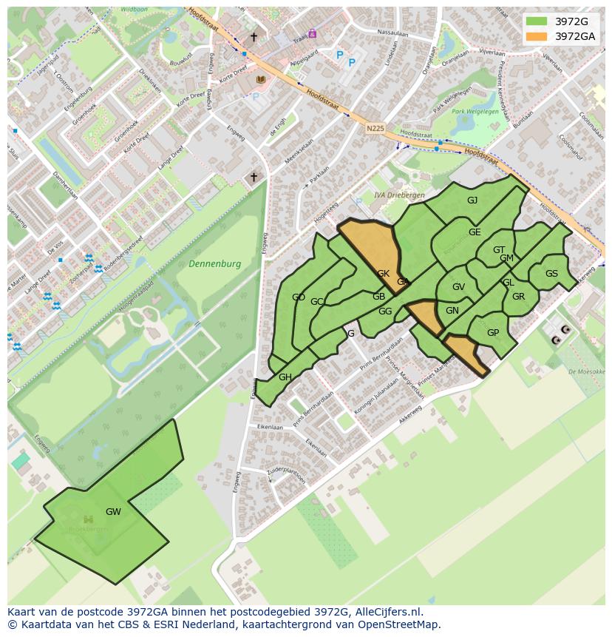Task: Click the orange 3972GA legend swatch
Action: (x=537, y=36)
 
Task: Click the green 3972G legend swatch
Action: (x=537, y=21)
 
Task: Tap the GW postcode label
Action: (x=113, y=511)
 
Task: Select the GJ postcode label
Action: (x=472, y=200)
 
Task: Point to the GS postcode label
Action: (x=551, y=273)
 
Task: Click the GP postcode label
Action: (x=493, y=332)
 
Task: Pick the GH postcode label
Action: (x=285, y=377)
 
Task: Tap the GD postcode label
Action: (x=299, y=297)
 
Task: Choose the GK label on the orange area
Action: (x=383, y=273)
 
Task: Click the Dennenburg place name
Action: (x=214, y=263)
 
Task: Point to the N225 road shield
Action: (x=375, y=128)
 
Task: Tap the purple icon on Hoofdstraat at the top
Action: (x=313, y=33)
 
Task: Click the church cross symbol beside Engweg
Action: (x=254, y=177)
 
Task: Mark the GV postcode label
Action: (x=458, y=287)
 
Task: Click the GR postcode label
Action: (x=518, y=297)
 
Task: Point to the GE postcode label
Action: (x=475, y=232)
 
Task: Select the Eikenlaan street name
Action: (x=270, y=427)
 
